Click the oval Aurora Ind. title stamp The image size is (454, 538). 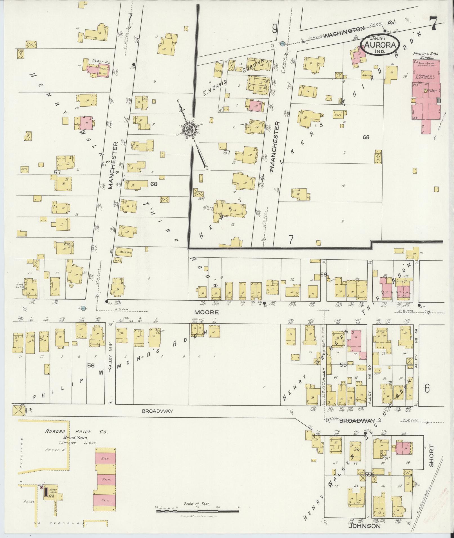tap(381, 45)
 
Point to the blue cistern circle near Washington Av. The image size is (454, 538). tap(283, 43)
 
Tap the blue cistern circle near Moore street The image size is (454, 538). tap(82, 308)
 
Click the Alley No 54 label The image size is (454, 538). tap(110, 358)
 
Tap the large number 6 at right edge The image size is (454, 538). tap(427, 389)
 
